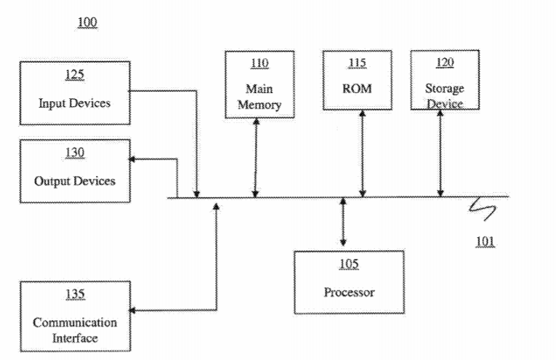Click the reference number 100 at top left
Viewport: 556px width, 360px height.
point(87,23)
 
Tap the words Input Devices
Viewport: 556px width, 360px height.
point(75,103)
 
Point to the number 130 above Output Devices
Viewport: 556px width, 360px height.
point(75,153)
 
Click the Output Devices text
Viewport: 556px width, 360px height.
point(75,180)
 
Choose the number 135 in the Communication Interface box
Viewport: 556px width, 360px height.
point(75,294)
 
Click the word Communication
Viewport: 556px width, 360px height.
point(75,322)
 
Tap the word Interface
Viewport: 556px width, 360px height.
point(75,337)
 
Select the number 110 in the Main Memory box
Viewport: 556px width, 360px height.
point(259,63)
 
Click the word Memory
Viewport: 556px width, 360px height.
point(259,105)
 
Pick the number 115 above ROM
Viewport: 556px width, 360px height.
point(357,63)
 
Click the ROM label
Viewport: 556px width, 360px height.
point(357,89)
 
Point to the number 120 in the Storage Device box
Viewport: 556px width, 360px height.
point(445,63)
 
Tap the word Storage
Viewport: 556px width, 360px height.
point(445,89)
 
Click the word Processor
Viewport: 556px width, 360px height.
point(349,292)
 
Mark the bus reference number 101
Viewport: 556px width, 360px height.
point(486,241)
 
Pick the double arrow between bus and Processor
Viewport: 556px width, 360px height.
point(343,222)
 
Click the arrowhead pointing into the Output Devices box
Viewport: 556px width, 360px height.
point(133,159)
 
